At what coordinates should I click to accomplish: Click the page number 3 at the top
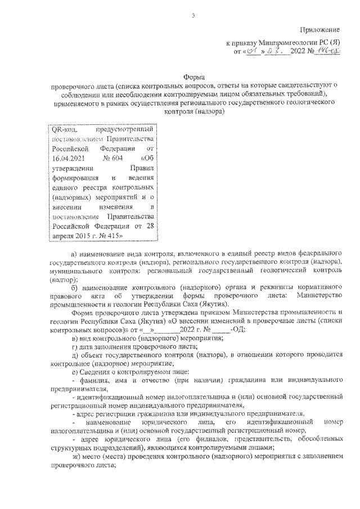point(193,15)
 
